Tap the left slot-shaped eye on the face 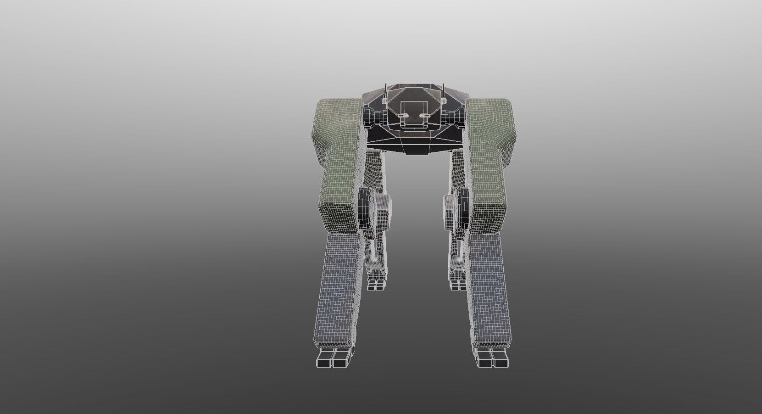pyautogui.click(x=400, y=115)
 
